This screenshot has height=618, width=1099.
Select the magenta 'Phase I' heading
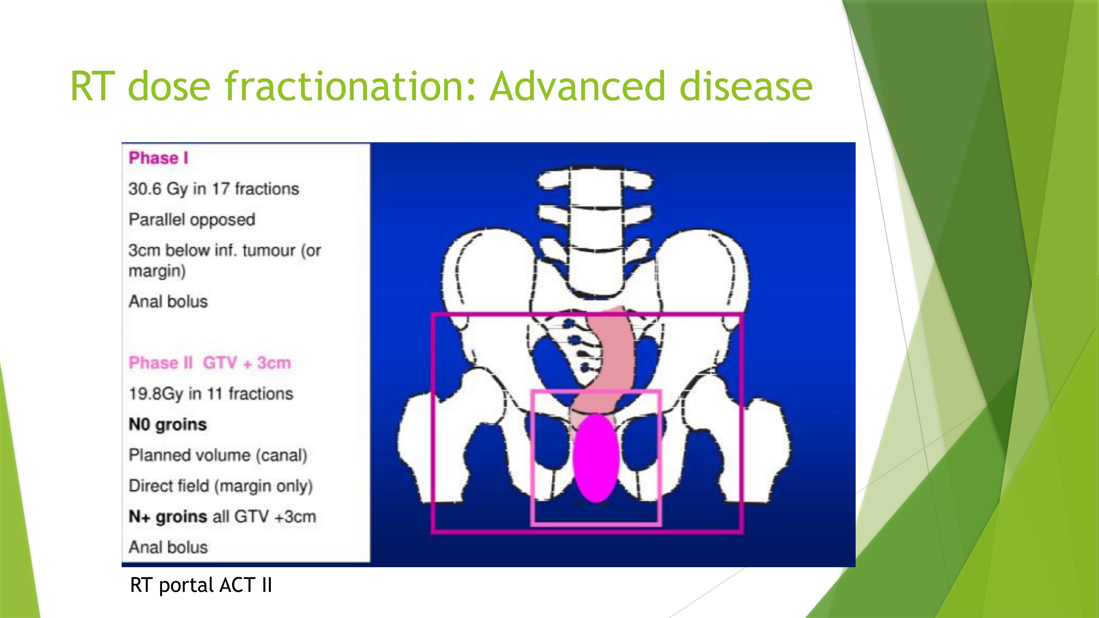(158, 158)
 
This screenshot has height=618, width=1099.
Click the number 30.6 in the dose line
(145, 188)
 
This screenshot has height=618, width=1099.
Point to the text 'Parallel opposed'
(192, 220)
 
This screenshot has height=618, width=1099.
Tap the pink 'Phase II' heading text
(161, 363)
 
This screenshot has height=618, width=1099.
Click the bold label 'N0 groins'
(168, 424)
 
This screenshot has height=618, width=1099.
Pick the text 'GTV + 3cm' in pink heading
(247, 363)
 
